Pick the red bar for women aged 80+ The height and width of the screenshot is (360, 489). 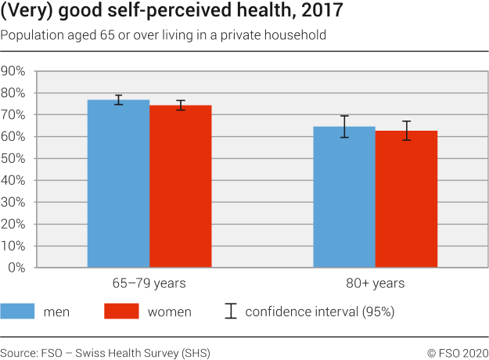(x=406, y=200)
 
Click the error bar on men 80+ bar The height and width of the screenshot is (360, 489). (x=344, y=127)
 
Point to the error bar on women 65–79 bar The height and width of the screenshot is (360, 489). (x=181, y=105)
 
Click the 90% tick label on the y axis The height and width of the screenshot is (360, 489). (x=14, y=71)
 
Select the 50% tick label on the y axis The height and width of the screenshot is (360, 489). (x=14, y=159)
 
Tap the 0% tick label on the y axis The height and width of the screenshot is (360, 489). (x=17, y=268)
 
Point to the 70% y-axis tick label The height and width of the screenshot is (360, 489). (x=14, y=115)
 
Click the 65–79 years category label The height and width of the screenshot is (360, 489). (x=149, y=283)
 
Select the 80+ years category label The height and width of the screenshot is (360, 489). (x=376, y=283)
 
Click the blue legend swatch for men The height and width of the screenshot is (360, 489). (x=27, y=311)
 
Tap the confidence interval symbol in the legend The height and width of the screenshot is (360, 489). (x=230, y=311)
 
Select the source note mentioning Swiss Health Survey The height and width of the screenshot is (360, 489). (x=105, y=351)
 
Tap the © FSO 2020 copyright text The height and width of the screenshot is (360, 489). (x=457, y=351)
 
